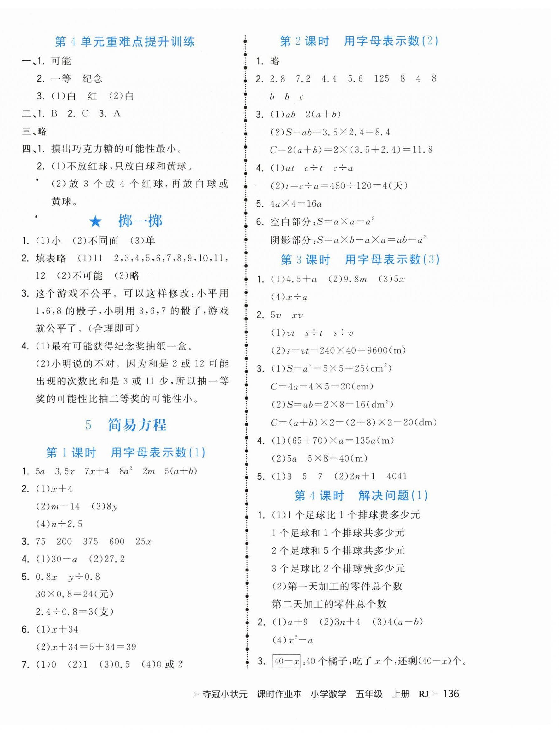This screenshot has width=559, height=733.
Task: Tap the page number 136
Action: pos(451,694)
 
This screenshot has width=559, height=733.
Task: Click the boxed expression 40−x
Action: pos(287,661)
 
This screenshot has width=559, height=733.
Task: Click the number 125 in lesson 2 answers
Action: pos(381,79)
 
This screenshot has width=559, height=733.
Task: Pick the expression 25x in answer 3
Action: pos(143,542)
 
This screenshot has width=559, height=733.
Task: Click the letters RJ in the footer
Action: pos(423,694)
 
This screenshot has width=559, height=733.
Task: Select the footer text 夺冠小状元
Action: pos(225,694)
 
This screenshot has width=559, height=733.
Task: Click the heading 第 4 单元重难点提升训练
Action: pos(124,42)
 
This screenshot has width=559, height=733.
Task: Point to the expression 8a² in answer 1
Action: pos(126,471)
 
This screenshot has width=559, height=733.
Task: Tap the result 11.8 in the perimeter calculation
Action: pos(423,150)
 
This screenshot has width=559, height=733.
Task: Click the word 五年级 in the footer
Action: pos(369,694)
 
